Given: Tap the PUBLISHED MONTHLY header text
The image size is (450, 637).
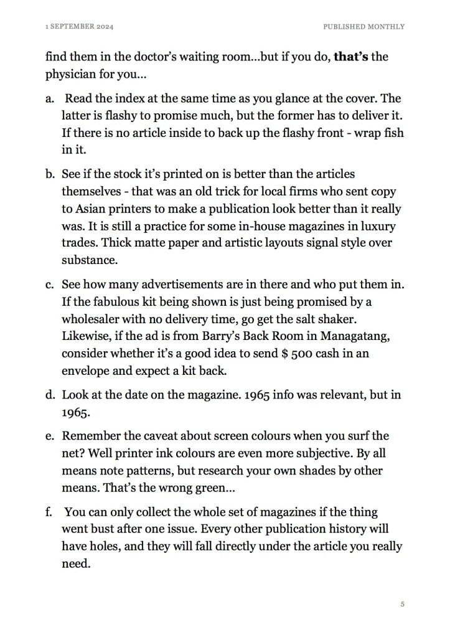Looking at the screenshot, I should (x=363, y=27).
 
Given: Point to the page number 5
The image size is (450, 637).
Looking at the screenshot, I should (x=403, y=603).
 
